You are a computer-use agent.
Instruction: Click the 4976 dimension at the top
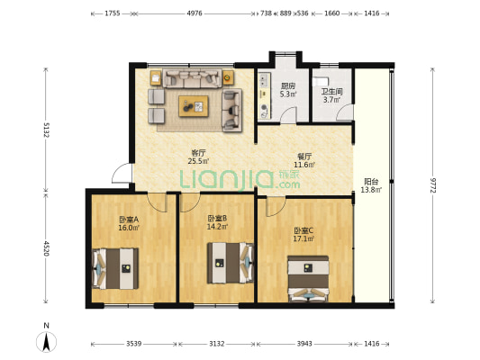point(195,13)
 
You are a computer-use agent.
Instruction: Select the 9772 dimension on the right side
point(432,185)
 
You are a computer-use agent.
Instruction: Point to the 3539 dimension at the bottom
point(134,344)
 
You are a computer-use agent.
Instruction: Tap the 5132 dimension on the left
point(46,130)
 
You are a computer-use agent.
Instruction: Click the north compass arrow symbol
point(46,342)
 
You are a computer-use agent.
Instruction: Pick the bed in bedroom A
point(115,268)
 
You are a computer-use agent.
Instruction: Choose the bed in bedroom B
point(231,263)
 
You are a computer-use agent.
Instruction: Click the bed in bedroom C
point(308,279)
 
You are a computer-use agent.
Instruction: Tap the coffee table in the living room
point(194,106)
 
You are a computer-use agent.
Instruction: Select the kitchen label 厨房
point(288,86)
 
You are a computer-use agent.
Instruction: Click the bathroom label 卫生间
point(331,92)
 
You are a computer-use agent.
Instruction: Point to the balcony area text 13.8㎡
point(371,190)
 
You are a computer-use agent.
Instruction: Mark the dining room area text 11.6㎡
point(304,165)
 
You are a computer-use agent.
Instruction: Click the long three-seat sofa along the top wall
point(192,78)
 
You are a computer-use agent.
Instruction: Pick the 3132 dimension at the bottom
point(217,344)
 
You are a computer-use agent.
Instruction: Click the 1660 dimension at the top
point(331,13)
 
